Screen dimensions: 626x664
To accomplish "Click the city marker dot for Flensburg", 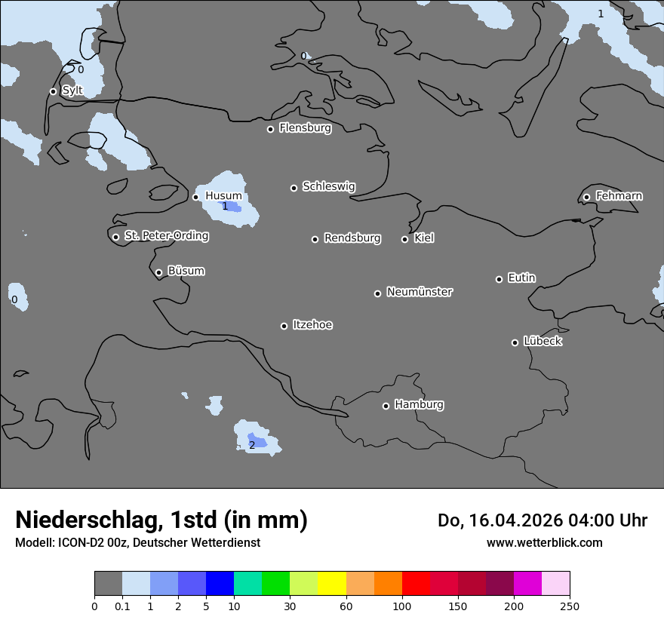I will coord(270,129).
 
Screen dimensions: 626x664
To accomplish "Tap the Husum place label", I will coord(223,196).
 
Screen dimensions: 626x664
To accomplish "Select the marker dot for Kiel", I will coord(404,239).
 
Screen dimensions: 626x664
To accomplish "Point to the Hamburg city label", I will coord(419,405).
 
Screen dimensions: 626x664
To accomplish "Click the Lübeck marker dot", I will coord(515,342).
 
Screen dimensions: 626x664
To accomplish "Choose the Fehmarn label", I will coord(619,196).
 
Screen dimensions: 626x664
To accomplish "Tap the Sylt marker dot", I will coord(53,92).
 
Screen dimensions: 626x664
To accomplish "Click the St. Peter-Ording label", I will coord(166,236).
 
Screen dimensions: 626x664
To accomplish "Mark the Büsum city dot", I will coord(158,273).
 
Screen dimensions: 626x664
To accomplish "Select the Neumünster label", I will coord(420,292).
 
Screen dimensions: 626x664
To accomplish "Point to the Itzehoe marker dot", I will coord(284,326).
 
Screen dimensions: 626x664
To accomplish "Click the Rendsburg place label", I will coord(352,238).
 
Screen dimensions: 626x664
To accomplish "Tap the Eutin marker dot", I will coord(499,279).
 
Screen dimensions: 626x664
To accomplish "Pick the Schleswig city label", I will coord(329,186).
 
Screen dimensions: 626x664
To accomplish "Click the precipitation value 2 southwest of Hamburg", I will coord(252,445).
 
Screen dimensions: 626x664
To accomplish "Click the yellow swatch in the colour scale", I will coord(332,584).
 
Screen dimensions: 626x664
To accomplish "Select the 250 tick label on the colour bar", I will coord(570,606).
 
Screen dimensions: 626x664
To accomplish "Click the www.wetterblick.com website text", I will coord(545,543).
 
